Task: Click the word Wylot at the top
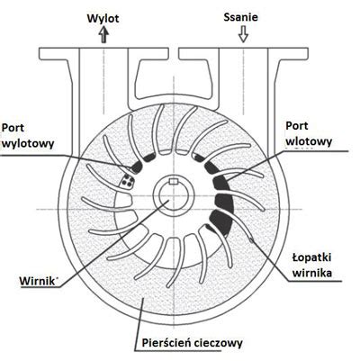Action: pyautogui.click(x=103, y=19)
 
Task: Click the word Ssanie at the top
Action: pyautogui.click(x=240, y=17)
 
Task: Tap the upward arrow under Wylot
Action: pyautogui.click(x=103, y=34)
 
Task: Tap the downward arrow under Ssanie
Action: pyautogui.click(x=243, y=34)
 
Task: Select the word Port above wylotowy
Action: pyautogui.click(x=13, y=128)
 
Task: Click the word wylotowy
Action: pyautogui.click(x=28, y=143)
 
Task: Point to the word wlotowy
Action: pyautogui.click(x=309, y=141)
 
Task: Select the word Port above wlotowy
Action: pyautogui.click(x=297, y=126)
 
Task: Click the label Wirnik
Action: pyautogui.click(x=37, y=282)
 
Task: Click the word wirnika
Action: pyautogui.click(x=312, y=274)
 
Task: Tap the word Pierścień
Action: pyautogui.click(x=166, y=342)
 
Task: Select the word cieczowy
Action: pyautogui.click(x=218, y=343)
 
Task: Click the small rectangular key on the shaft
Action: pyautogui.click(x=174, y=181)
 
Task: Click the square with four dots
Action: pyautogui.click(x=127, y=181)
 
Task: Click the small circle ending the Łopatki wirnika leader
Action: pyautogui.click(x=251, y=239)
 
